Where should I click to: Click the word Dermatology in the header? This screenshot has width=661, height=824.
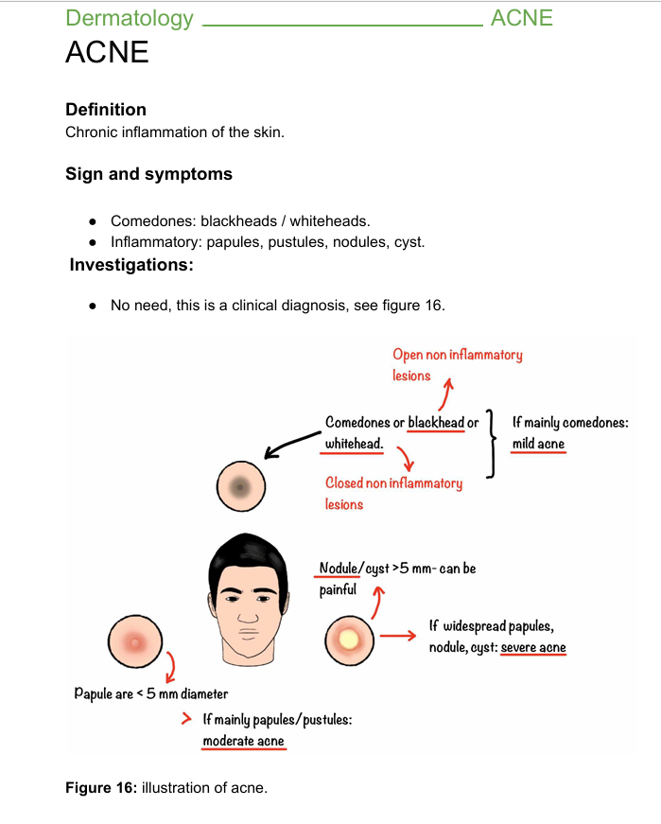(130, 18)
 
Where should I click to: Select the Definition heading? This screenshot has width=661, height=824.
(106, 110)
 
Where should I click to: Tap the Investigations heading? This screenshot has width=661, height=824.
(131, 266)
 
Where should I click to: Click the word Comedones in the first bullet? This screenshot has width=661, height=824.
(152, 221)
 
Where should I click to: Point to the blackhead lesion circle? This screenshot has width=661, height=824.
(241, 487)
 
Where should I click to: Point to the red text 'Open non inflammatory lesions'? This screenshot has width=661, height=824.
(457, 364)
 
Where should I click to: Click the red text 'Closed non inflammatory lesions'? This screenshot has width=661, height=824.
(393, 492)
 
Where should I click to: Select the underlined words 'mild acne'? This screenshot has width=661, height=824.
(538, 443)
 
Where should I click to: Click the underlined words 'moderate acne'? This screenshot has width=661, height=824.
(243, 741)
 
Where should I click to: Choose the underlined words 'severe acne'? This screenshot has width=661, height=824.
(532, 648)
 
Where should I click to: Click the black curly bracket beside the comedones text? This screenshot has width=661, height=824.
(491, 445)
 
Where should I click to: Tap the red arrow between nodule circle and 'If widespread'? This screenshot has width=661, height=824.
(398, 635)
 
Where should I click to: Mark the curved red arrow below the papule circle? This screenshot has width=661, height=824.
(170, 668)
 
